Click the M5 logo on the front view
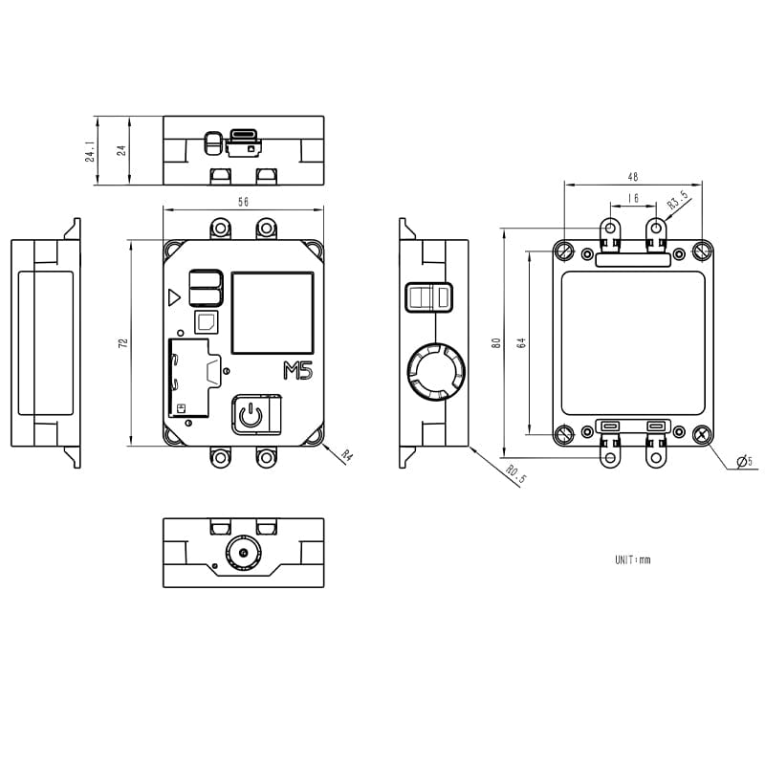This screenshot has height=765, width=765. [298, 372]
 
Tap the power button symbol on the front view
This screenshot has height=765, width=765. [249, 415]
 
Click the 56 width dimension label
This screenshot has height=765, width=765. [243, 202]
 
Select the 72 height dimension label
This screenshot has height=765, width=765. [123, 342]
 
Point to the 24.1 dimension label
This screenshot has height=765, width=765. [91, 151]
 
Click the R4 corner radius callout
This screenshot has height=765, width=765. [346, 457]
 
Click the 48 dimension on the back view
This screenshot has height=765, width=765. [632, 177]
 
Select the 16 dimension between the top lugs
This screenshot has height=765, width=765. [633, 199]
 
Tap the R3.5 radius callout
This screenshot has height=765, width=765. [677, 201]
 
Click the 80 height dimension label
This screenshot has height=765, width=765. [495, 342]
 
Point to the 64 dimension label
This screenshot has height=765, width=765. [521, 342]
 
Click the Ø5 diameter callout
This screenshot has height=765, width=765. [744, 463]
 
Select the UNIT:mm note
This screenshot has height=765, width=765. [632, 560]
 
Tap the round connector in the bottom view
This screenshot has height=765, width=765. [243, 553]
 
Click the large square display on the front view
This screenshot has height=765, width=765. [273, 312]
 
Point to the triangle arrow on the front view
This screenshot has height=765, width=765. [173, 297]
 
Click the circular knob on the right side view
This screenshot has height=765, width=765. [435, 371]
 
